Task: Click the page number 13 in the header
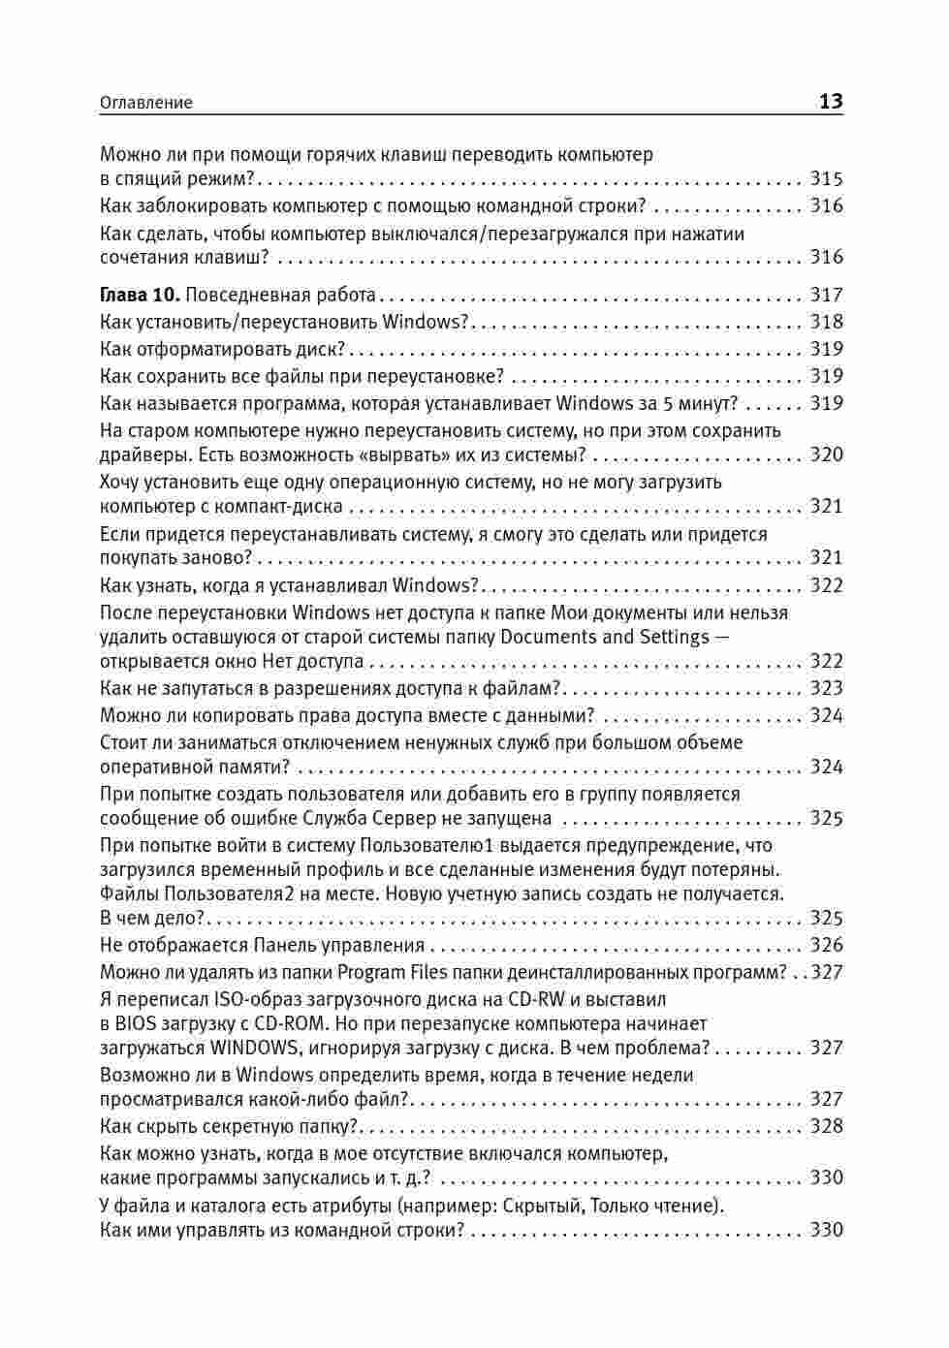pos(831,101)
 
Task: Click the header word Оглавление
pos(146,103)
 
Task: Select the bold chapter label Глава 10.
pos(140,295)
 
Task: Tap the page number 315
pos(827,178)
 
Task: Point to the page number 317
pos(827,295)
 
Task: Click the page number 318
pos(827,322)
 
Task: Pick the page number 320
pos(827,455)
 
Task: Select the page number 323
pos(827,688)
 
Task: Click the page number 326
pos(827,945)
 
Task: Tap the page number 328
pos(827,1126)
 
